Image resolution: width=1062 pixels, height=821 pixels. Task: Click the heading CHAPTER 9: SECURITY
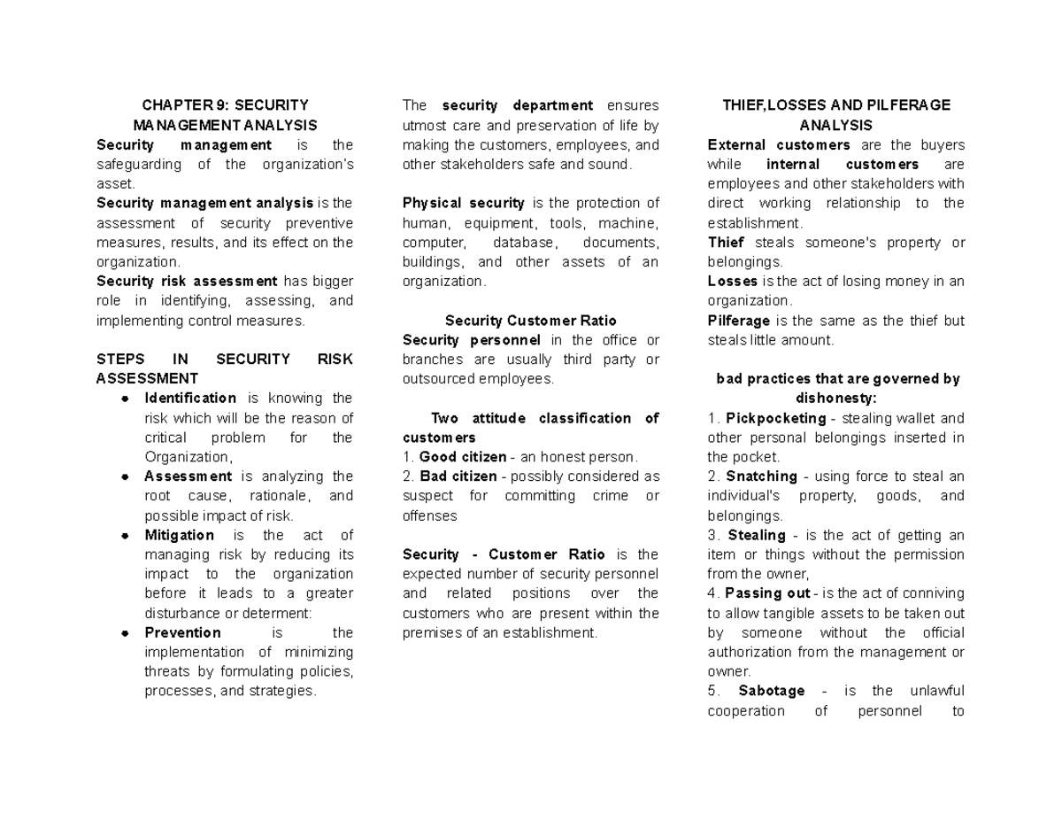click(224, 105)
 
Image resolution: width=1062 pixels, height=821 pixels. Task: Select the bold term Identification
click(190, 399)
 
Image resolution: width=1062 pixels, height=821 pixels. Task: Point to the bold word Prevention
click(182, 633)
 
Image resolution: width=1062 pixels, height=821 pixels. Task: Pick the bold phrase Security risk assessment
click(187, 282)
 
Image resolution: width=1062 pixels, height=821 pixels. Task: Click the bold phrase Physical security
click(463, 204)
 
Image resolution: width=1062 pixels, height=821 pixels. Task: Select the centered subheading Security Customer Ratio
click(531, 321)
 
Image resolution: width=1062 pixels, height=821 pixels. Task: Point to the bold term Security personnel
click(471, 340)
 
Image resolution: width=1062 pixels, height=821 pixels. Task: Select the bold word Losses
click(733, 282)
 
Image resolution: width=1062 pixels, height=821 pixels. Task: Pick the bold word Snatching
click(761, 476)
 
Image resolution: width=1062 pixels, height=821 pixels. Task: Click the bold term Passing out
click(767, 593)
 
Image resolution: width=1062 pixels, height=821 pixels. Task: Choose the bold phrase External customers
click(779, 145)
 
